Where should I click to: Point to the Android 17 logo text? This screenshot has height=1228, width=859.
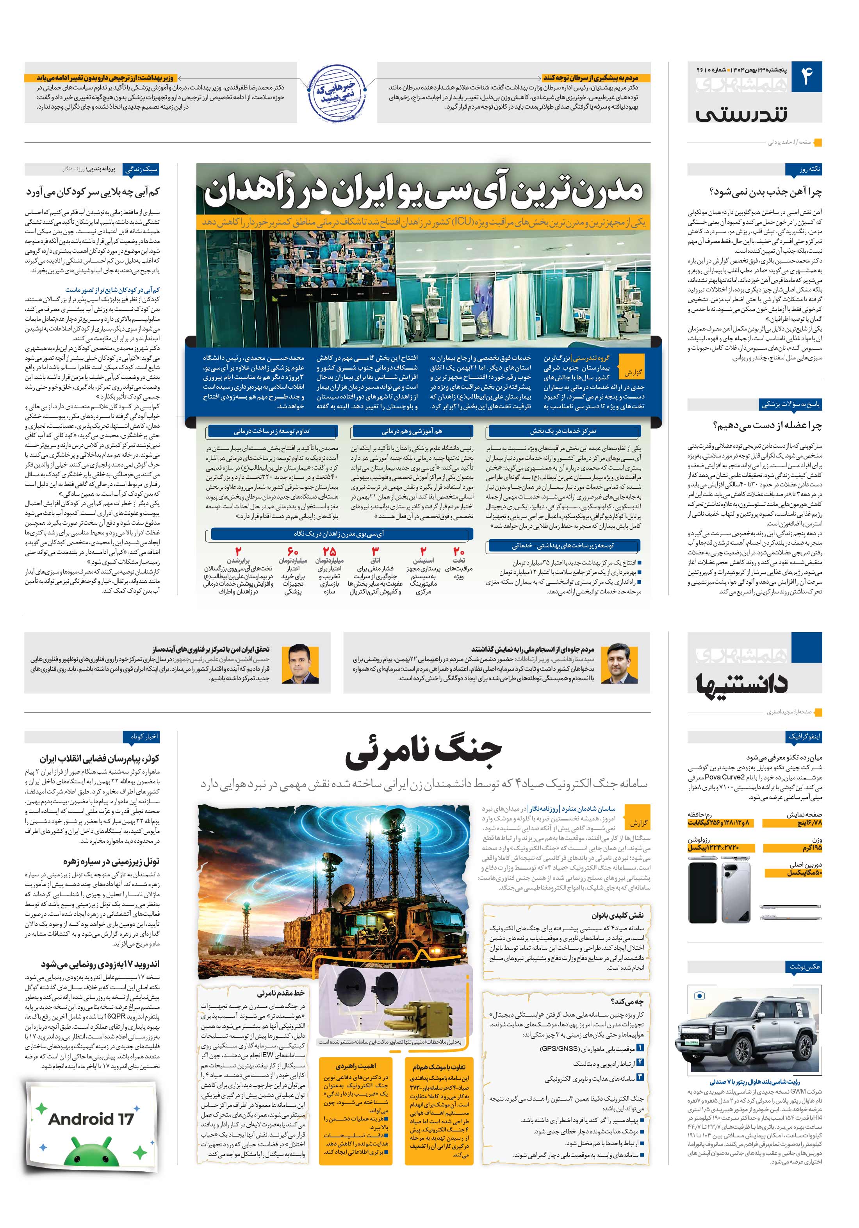[x=91, y=1119]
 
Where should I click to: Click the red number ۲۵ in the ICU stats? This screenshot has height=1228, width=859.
[x=329, y=551]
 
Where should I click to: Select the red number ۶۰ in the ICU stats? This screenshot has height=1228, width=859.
[x=292, y=551]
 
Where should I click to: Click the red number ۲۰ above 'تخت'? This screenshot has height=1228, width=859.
[x=459, y=551]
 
